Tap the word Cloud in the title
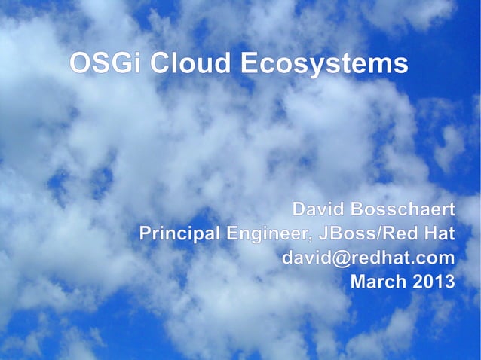[x=190, y=63]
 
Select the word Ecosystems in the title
[x=324, y=64]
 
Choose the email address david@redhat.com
[x=368, y=258]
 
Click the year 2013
[x=434, y=282]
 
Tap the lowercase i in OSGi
[x=139, y=63]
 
